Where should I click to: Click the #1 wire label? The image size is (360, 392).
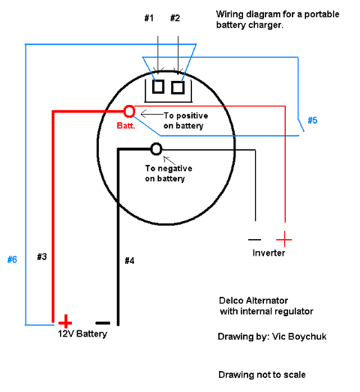(148, 18)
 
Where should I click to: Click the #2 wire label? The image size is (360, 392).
(175, 18)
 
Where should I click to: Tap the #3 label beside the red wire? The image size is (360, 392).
(42, 257)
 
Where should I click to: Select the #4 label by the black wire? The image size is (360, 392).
(130, 261)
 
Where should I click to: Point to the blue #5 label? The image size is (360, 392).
(313, 120)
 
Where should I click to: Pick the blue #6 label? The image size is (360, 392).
(12, 259)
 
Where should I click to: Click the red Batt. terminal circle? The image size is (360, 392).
(129, 112)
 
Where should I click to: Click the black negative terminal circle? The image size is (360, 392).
(156, 149)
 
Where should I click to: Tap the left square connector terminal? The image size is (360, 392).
(158, 87)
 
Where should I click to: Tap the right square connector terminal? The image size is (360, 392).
(178, 88)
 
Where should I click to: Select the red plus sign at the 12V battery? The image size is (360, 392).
(65, 322)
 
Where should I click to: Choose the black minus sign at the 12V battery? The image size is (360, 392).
(103, 323)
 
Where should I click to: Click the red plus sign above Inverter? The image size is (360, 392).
(284, 239)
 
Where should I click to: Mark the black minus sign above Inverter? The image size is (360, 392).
(255, 240)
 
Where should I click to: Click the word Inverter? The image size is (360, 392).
(268, 253)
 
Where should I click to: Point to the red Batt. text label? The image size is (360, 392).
(126, 125)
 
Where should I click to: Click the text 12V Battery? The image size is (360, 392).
(82, 334)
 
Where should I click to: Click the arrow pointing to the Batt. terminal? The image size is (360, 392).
(152, 114)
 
